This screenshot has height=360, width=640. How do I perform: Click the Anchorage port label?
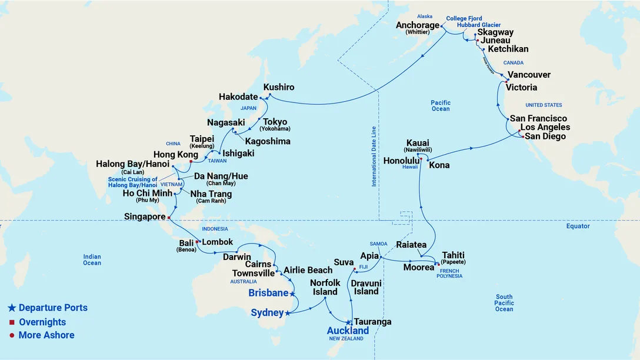coord(418,25)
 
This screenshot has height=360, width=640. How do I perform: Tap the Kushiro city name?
coord(279,87)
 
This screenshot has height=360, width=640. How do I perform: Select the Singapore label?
coord(145,216)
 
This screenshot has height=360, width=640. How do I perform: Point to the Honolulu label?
coord(402,161)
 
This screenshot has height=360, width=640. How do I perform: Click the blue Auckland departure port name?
coord(348,331)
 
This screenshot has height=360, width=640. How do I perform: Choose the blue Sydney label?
coord(268,312)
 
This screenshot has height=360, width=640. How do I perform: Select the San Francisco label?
coord(538,119)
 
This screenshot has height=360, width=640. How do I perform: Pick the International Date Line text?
coord(374,156)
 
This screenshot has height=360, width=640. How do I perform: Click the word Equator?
coord(578,226)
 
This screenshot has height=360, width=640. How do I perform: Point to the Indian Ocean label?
coord(92,259)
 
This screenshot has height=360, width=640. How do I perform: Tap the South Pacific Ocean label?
coord(504,303)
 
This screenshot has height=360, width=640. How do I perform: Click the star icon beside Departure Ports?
coord(12,308)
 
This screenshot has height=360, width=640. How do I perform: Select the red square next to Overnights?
coord(12,322)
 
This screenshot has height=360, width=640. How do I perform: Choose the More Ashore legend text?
coord(46,335)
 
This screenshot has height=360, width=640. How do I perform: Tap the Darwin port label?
coord(237,257)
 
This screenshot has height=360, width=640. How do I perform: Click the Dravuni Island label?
coord(366,287)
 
